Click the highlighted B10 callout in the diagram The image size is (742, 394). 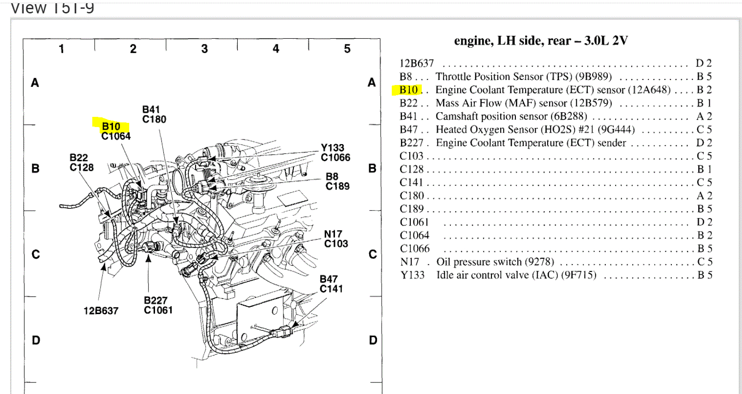pos(111,126)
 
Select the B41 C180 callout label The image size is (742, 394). pos(154,115)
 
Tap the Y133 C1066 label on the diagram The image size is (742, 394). pos(335,153)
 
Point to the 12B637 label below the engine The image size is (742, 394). pos(101,311)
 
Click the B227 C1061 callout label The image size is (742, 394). pos(158,305)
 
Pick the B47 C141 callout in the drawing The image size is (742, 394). pos(331,284)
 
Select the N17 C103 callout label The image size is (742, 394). pos(335,239)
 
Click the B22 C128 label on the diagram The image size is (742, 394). pos(81,163)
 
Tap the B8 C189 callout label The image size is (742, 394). pos(337,182)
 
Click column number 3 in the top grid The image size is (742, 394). pos(204,48)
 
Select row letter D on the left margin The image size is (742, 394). pos(36,340)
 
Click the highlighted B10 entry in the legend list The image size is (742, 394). pos(408,90)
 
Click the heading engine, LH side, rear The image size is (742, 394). pos(540,41)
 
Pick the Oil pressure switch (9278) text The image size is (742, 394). pos(495,262)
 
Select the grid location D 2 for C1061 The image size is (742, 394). pos(704,222)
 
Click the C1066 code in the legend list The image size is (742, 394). pos(414,249)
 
